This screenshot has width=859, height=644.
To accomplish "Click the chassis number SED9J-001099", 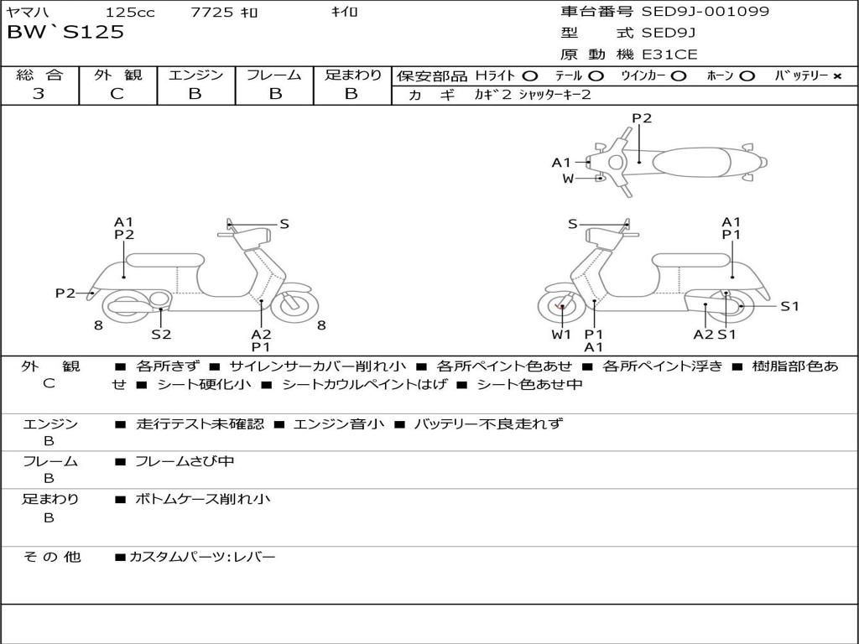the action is pyautogui.click(x=705, y=12).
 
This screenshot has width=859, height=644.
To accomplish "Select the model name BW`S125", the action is pyautogui.click(x=65, y=33).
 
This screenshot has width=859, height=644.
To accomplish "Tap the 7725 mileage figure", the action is pyautogui.click(x=212, y=13).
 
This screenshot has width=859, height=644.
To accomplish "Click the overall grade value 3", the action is pyautogui.click(x=39, y=94).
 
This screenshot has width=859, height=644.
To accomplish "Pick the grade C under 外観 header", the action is pyautogui.click(x=117, y=94).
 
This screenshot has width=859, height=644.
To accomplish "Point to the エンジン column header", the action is pyautogui.click(x=195, y=75).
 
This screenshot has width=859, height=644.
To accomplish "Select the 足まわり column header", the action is pyautogui.click(x=352, y=75).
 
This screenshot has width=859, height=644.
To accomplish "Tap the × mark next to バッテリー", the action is pyautogui.click(x=836, y=76).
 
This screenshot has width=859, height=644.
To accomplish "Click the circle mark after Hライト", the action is pyautogui.click(x=530, y=76).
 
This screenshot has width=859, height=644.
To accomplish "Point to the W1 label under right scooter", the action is pyautogui.click(x=561, y=335).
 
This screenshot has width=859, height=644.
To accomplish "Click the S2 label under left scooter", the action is pyautogui.click(x=161, y=335).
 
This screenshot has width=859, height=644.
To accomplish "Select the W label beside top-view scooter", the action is pyautogui.click(x=568, y=179).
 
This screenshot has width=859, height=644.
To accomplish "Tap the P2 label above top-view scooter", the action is pyautogui.click(x=642, y=118).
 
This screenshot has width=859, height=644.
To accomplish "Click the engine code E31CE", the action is pyautogui.click(x=669, y=55).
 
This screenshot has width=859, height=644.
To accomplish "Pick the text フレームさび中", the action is pyautogui.click(x=185, y=461).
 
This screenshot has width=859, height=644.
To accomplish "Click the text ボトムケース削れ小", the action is pyautogui.click(x=203, y=499).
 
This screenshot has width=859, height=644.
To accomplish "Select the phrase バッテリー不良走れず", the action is pyautogui.click(x=488, y=424).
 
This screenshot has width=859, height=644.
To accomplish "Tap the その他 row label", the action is pyautogui.click(x=50, y=556).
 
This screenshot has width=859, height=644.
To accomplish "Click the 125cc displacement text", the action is pyautogui.click(x=126, y=13).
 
